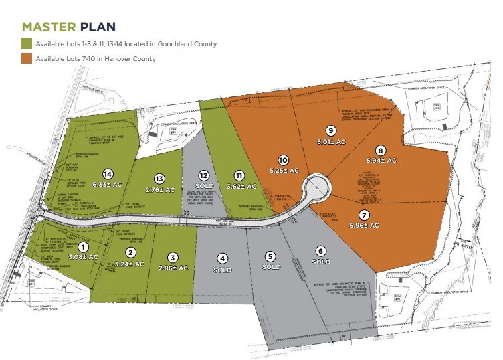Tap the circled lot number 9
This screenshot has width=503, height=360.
(x=330, y=130)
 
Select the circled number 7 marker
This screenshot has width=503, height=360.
(x=364, y=215)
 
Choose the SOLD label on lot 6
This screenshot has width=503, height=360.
(x=320, y=262)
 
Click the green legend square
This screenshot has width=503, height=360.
(x=27, y=44)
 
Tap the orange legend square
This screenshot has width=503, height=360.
(x=27, y=58)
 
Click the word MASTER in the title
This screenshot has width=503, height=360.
(x=49, y=27)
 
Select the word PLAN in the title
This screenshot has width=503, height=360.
(x=98, y=27)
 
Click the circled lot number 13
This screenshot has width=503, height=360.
(x=159, y=179)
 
